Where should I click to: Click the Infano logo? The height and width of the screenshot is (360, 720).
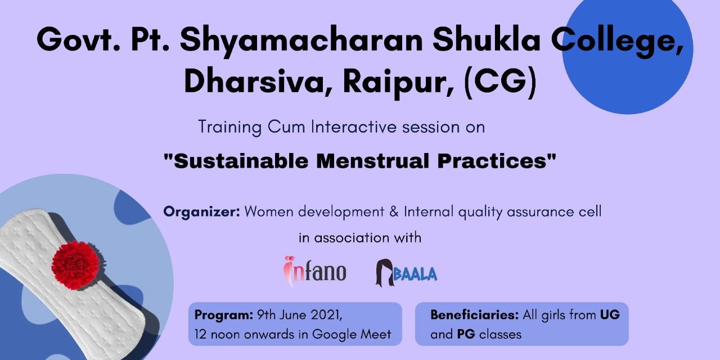tap(314, 272)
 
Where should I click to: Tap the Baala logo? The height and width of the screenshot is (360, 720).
tap(406, 273)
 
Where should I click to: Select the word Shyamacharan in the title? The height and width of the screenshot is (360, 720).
tap(301, 40)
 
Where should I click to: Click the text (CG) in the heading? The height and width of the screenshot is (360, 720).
tap(500, 82)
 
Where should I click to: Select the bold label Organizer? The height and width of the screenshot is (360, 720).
tap(201, 212)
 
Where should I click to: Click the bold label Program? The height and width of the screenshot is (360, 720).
tap(224, 315)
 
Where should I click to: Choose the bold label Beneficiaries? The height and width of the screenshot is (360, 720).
tap(475, 314)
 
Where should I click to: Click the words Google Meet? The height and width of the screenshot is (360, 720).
tap(352, 335)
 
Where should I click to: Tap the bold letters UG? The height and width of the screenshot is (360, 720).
tap(610, 314)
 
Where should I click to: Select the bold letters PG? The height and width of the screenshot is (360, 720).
tap(466, 334)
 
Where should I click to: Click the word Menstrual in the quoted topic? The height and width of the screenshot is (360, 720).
tap(372, 161)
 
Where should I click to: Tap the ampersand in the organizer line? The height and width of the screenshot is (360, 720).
tap(394, 212)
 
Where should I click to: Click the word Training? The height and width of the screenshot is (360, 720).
tap(230, 127)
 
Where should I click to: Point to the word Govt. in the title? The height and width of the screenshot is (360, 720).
tap(78, 40)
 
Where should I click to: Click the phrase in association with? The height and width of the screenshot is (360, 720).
tap(360, 238)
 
